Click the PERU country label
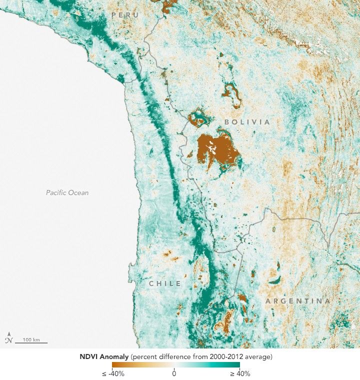pos(125,15)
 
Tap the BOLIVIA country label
pos(247,122)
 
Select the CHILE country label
pos(164,283)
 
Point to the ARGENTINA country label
pos(297,301)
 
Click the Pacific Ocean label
pos(67,192)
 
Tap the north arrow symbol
pos(8,338)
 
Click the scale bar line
pos(31,343)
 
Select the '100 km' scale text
pos(31,339)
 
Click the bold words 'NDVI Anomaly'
pos(107,357)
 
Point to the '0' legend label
pos(174,373)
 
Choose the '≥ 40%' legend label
pos(240,373)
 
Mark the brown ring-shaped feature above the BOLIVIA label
pos(231,94)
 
